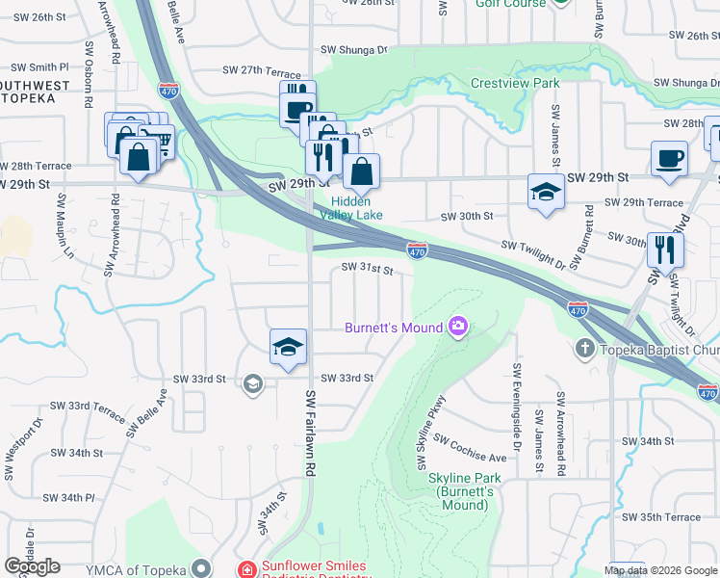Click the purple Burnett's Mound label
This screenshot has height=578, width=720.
coord(393,328)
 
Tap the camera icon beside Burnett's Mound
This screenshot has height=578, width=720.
coord(457,328)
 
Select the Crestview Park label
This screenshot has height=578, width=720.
coord(515,84)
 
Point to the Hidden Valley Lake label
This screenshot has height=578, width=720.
coord(358,208)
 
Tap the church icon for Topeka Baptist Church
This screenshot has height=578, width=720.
coord(584,347)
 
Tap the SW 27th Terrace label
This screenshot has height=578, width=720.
coord(262,70)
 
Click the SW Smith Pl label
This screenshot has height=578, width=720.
coord(40,67)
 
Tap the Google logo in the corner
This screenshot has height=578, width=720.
coord(32,566)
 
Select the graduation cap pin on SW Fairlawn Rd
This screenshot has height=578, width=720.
coord(288,346)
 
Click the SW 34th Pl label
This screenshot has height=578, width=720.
coord(69,498)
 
